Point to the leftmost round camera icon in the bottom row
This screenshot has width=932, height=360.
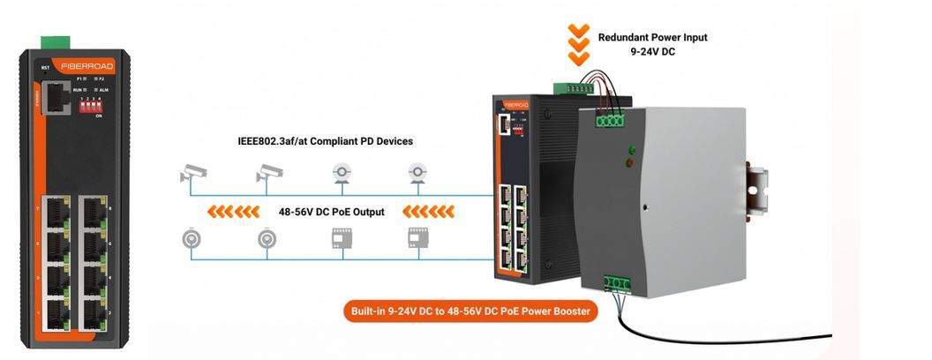click(191, 238)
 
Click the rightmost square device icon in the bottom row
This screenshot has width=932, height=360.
click(417, 237)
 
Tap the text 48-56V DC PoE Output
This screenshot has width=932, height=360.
click(331, 212)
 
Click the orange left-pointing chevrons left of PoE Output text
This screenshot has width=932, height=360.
click(233, 212)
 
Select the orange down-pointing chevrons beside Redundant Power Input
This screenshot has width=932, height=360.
click(578, 44)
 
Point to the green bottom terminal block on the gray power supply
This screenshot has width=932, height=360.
click(617, 283)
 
